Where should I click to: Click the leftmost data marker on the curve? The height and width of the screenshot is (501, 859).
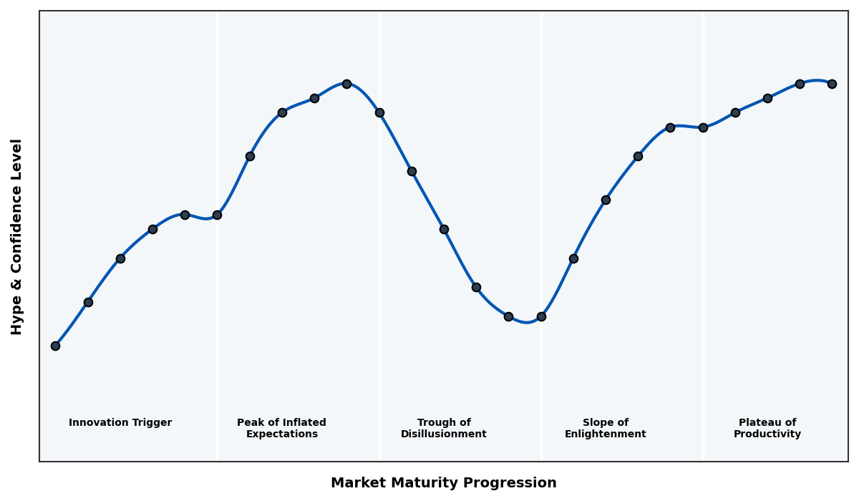pyautogui.click(x=55, y=346)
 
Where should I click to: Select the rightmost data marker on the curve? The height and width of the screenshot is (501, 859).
pyautogui.click(x=832, y=84)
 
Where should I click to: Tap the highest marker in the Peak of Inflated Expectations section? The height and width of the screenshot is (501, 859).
pyautogui.click(x=346, y=84)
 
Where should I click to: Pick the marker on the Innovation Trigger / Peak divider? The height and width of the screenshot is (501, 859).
pyautogui.click(x=217, y=215)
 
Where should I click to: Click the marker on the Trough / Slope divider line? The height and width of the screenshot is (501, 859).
pyautogui.click(x=541, y=316)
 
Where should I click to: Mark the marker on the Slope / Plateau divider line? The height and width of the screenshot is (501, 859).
pyautogui.click(x=703, y=127)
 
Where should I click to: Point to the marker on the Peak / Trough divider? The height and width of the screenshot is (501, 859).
pyautogui.click(x=379, y=112)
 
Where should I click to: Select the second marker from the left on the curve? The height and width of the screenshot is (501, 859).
pyautogui.click(x=88, y=302)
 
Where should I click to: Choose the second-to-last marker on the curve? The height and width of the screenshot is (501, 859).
pyautogui.click(x=800, y=84)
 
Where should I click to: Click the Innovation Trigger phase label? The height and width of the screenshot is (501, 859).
pyautogui.click(x=120, y=423)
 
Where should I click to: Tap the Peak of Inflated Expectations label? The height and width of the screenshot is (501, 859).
pyautogui.click(x=282, y=429)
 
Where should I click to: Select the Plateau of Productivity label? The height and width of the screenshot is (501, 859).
pyautogui.click(x=767, y=429)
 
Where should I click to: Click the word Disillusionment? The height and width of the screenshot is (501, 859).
pyautogui.click(x=444, y=434)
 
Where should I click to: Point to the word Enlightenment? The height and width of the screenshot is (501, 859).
pyautogui.click(x=606, y=434)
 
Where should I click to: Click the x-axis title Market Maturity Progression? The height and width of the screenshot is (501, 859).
pyautogui.click(x=444, y=483)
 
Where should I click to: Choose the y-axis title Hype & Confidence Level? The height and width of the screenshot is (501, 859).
pyautogui.click(x=17, y=236)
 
